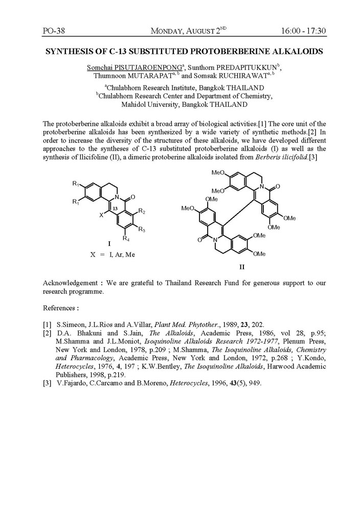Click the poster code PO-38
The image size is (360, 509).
pos(53,31)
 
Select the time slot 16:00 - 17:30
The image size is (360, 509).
pos(303,31)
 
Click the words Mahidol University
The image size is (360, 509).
pos(145,104)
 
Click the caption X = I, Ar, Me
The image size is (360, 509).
pos(113,254)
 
